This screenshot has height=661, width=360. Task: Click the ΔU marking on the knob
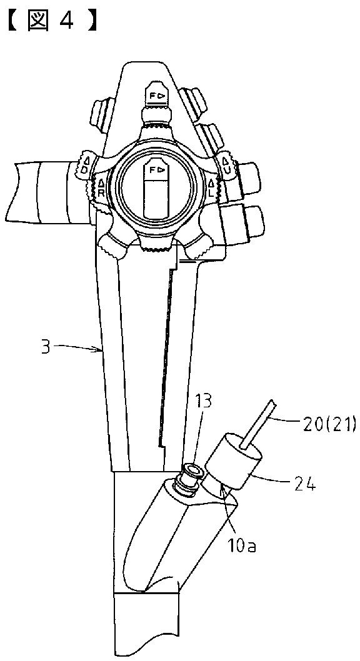226,164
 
